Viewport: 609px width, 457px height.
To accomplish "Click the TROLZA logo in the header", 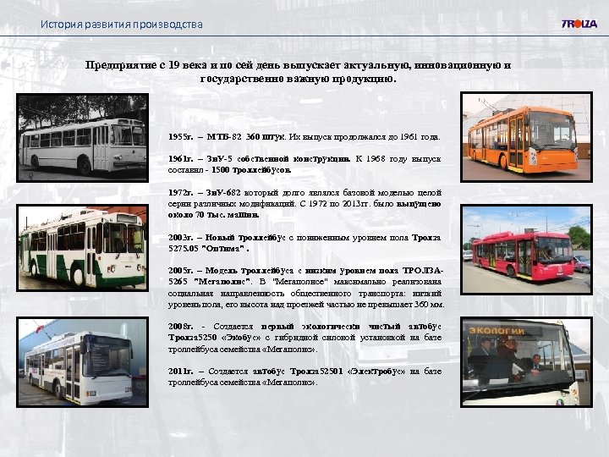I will click(579, 24).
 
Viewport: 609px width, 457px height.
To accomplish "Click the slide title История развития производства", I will click(122, 24).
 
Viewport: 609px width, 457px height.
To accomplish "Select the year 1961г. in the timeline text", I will click(179, 158).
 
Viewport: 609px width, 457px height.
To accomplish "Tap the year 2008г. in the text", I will click(179, 327).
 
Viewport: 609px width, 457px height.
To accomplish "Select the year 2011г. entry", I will click(179, 372).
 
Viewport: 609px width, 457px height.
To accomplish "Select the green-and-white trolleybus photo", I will click(82, 246).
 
